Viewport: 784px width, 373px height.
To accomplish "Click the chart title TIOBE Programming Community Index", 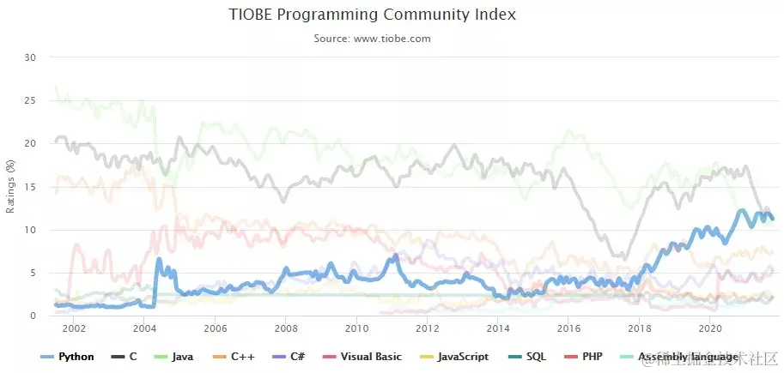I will coord(373,15).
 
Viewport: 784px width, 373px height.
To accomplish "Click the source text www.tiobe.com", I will coord(373,39).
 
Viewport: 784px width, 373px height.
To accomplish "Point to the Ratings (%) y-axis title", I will coord(10,187).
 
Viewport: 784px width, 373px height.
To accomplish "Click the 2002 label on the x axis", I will coord(74,328).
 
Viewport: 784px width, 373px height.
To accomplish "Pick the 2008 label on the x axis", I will coord(286,328).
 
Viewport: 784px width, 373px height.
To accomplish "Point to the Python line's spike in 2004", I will coord(158,259).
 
